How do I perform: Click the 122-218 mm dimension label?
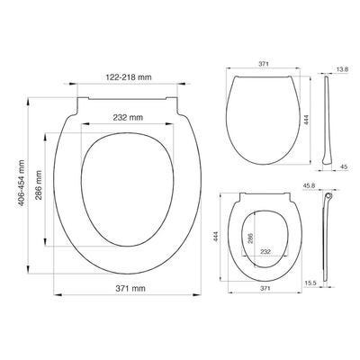[x=129, y=77]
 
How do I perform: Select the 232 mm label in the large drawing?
[x=128, y=117]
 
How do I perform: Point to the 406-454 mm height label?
[x=22, y=183]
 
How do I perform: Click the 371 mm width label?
[x=130, y=288]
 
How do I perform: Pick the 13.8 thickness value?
[x=342, y=69]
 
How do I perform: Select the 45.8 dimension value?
[x=309, y=186]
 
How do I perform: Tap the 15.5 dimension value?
[x=310, y=283]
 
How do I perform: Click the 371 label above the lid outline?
[x=264, y=64]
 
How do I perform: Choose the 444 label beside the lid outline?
[x=306, y=121]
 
